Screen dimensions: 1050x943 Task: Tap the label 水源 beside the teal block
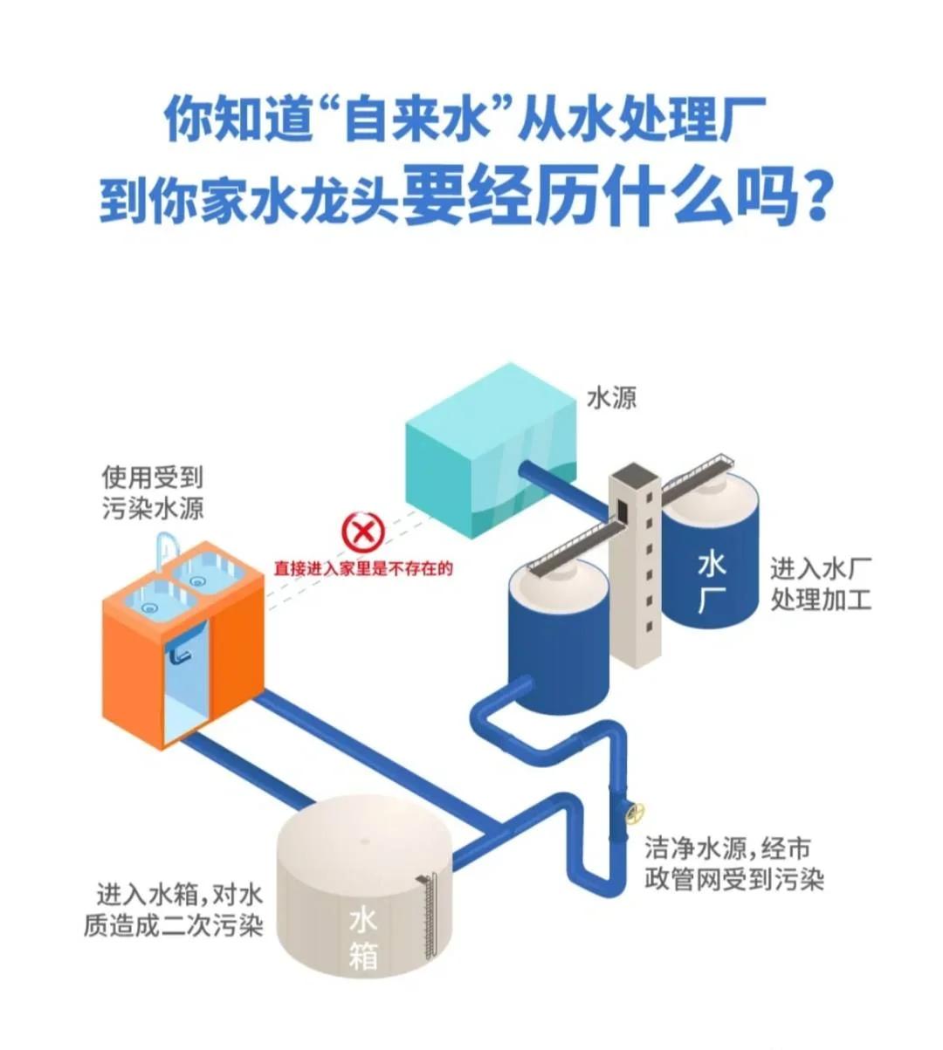611,399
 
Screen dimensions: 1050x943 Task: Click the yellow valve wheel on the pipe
635,813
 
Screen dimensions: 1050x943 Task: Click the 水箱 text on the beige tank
363,937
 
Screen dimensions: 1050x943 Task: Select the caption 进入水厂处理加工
820,585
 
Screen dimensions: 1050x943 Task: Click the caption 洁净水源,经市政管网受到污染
733,863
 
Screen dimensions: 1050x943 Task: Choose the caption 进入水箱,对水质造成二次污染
174,909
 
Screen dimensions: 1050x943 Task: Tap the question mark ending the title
814,199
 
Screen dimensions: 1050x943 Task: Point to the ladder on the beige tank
428,908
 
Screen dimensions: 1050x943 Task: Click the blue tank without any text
559,628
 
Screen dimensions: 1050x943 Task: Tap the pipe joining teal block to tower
562,489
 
